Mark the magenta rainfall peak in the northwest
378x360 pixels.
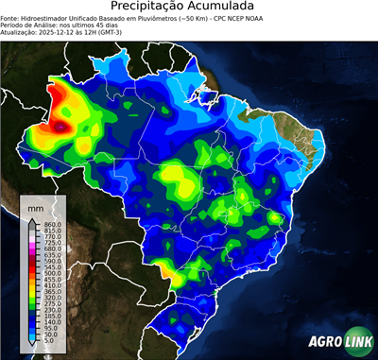62,124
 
